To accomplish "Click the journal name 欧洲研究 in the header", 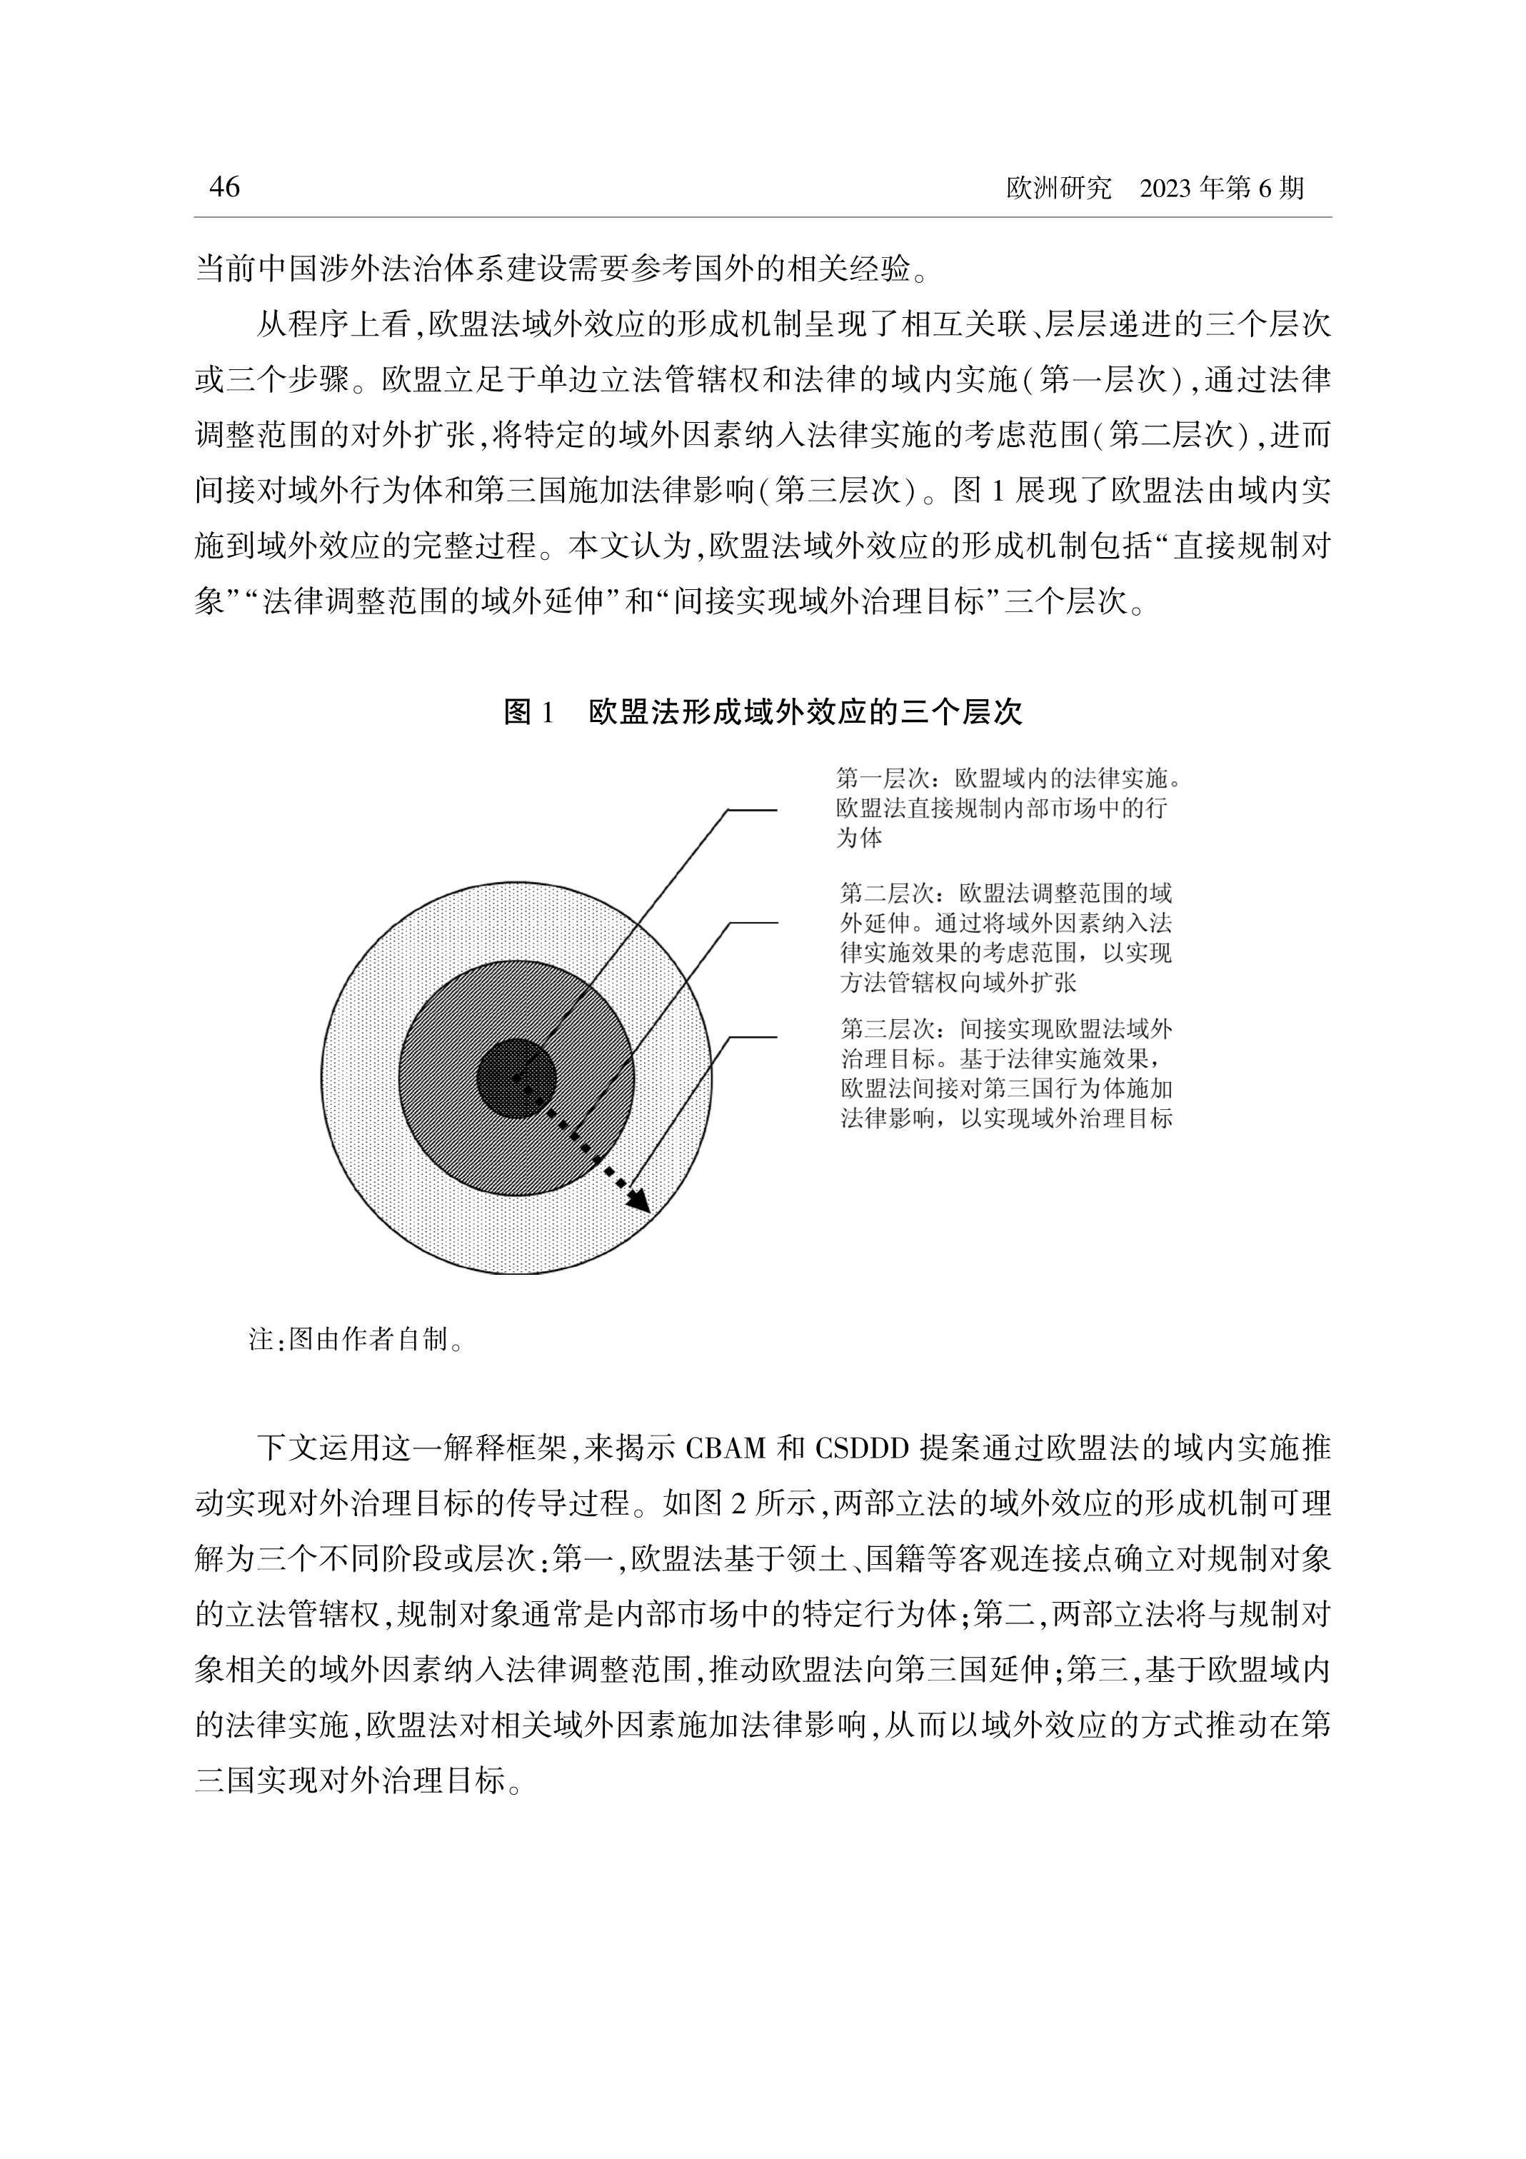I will pos(1058,189).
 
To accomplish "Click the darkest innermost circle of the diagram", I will pos(516,1078).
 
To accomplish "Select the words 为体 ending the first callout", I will pos(859,838).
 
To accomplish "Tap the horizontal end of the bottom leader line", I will pos(754,1036).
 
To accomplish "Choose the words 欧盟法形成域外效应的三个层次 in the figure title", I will pos(805,712).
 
